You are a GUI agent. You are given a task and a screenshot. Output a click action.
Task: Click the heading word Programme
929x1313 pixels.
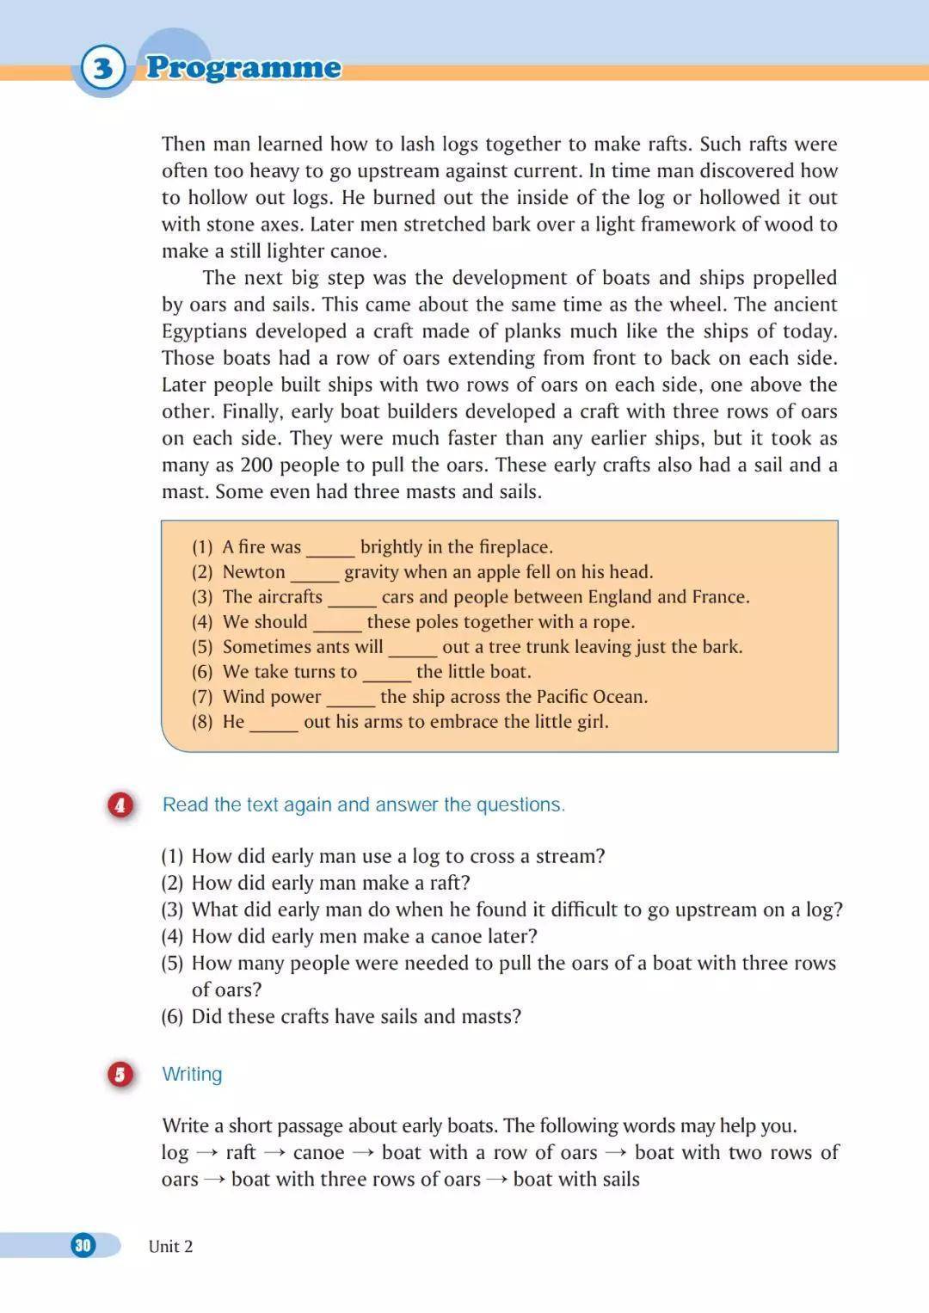(x=243, y=67)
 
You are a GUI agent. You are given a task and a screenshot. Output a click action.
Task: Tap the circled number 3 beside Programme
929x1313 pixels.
(x=103, y=68)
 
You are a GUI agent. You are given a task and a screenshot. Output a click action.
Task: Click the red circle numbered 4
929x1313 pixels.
(x=120, y=804)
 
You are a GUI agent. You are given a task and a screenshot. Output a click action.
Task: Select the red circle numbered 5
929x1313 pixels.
(x=120, y=1074)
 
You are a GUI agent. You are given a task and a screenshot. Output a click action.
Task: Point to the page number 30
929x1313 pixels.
(x=83, y=1245)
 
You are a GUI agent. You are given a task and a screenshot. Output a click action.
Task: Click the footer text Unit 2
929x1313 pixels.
(x=170, y=1246)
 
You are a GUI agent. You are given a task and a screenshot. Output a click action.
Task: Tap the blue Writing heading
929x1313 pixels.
(x=192, y=1074)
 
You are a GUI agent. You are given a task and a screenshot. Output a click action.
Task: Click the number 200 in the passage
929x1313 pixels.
(x=256, y=465)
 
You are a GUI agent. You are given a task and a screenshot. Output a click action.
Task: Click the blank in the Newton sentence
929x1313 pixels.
(x=315, y=575)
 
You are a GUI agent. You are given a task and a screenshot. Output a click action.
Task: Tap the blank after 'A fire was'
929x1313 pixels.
(x=330, y=550)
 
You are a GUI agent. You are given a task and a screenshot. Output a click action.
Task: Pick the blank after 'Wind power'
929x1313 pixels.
(x=350, y=700)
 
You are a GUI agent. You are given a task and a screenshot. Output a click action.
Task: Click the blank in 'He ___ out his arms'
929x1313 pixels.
(x=274, y=724)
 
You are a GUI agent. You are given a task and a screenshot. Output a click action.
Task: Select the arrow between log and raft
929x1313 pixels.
(x=206, y=1153)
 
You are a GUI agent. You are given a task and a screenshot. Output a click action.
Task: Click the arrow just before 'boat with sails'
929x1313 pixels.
(x=496, y=1180)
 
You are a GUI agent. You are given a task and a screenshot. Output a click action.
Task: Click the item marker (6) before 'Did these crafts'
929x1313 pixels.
(x=172, y=1016)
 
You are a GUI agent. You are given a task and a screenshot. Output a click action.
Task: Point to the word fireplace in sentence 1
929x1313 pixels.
(x=513, y=546)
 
